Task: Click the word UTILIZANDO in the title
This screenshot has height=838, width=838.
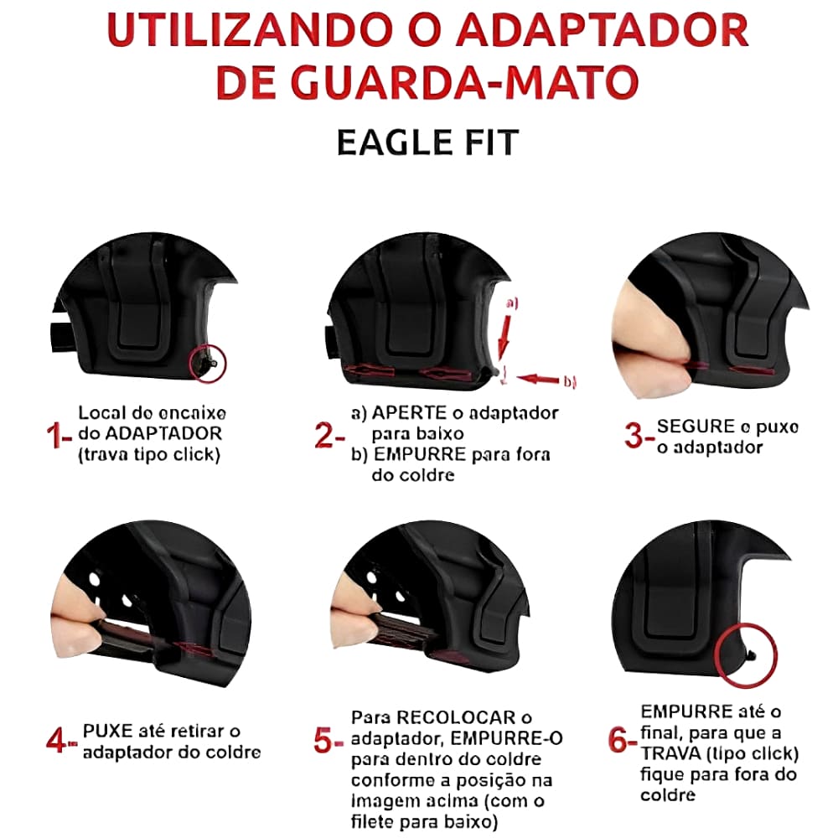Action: [250, 30]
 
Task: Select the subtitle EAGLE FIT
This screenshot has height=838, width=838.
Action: [427, 142]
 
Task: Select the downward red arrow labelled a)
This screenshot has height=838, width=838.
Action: [504, 338]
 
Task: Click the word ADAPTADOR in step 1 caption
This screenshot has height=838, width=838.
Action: [163, 433]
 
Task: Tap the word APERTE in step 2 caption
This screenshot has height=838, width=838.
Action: [410, 413]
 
